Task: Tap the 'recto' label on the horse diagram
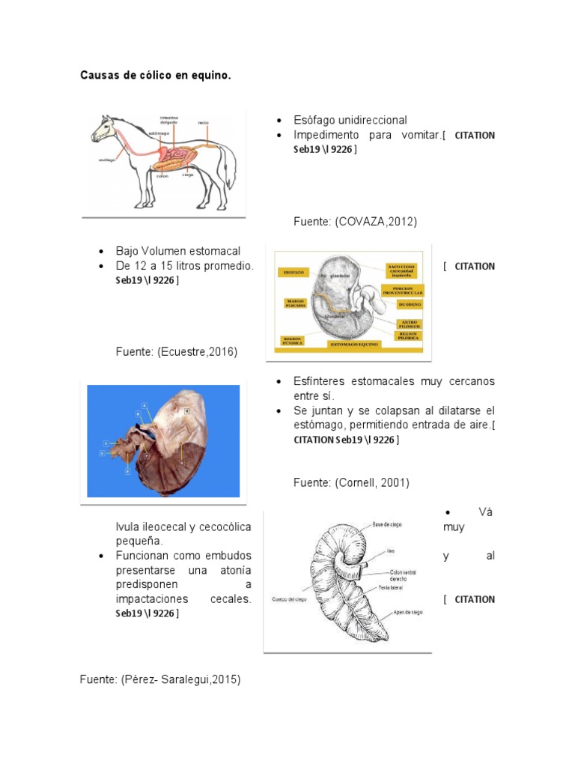[x=204, y=122]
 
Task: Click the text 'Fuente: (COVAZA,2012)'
[x=355, y=222]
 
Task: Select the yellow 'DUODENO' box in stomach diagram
[x=403, y=305]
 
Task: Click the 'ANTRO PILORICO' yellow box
[x=408, y=324]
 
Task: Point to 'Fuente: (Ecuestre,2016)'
[x=176, y=351]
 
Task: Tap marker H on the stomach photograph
[x=186, y=411]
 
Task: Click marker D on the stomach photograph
[x=101, y=453]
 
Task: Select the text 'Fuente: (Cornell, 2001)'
[x=351, y=483]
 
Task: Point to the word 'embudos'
[x=225, y=556]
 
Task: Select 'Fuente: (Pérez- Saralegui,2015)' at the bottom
[x=160, y=679]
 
